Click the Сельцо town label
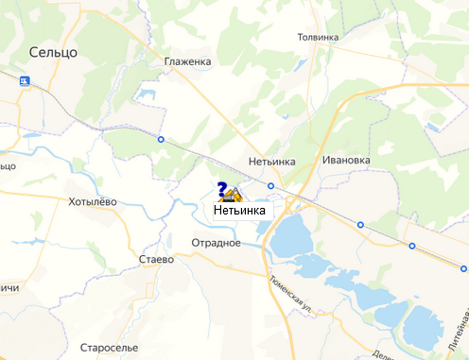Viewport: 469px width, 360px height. point(53,51)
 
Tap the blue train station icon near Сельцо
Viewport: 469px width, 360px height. point(24,81)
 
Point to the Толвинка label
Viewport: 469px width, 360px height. point(318,37)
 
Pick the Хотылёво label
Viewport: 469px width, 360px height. point(93,201)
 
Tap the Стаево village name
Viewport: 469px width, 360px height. point(156,259)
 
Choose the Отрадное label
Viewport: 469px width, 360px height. point(217,243)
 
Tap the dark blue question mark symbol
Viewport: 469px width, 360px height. point(221,188)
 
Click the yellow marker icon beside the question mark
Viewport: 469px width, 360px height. point(232,196)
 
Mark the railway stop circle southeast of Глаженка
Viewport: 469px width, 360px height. point(160,140)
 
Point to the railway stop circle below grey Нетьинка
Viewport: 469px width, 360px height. point(271,185)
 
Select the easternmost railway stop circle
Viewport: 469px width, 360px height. point(411,246)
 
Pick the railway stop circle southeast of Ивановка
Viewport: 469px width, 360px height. point(360,225)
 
